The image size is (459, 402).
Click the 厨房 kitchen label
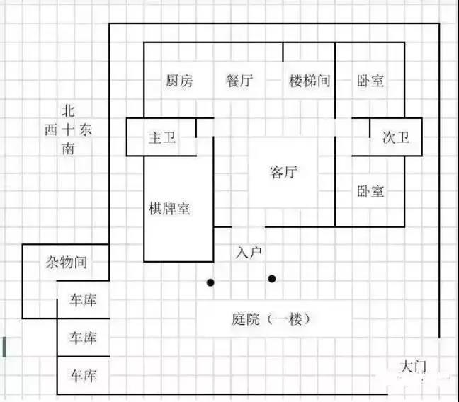179,81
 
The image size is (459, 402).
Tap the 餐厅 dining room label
239,81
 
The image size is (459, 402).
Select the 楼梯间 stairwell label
310,81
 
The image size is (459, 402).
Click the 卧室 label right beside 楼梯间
370,81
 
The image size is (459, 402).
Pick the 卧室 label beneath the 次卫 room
370,190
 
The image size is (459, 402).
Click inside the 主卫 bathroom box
162,137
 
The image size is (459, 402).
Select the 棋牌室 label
169,209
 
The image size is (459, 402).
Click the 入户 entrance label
249,251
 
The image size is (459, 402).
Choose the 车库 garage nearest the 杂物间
83,300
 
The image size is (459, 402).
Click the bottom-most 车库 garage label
83,374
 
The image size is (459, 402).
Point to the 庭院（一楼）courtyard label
271,319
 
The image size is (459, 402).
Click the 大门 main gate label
412,367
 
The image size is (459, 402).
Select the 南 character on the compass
67,149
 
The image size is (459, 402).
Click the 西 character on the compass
51,130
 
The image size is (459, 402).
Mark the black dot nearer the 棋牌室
210,283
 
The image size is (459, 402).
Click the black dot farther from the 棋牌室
272,278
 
